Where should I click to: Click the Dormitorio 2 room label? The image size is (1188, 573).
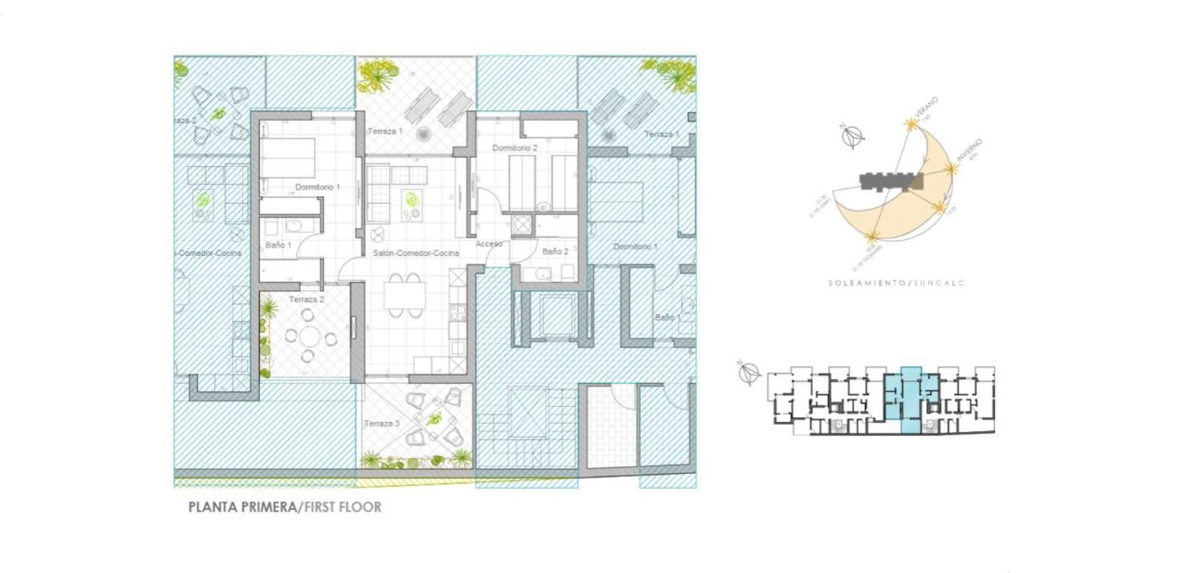tap(515, 147)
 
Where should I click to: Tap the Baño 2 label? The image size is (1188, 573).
tap(554, 251)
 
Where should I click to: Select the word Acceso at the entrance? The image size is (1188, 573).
tap(489, 244)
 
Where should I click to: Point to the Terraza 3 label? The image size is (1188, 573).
tap(383, 424)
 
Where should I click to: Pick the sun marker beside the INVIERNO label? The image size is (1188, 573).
tap(952, 170)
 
